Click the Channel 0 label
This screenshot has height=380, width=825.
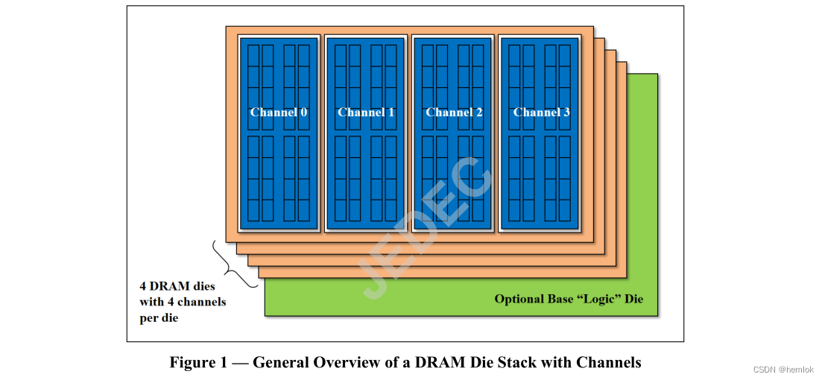(279, 113)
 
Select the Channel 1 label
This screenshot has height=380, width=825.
(366, 113)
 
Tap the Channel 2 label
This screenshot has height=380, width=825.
(454, 113)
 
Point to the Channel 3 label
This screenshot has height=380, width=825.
(541, 113)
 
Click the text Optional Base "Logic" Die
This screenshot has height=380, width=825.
(569, 300)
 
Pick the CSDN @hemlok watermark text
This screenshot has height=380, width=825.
(783, 370)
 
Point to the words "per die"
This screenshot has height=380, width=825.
(160, 318)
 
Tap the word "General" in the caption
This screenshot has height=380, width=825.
(280, 363)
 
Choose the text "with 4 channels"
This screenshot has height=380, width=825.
(183, 302)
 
